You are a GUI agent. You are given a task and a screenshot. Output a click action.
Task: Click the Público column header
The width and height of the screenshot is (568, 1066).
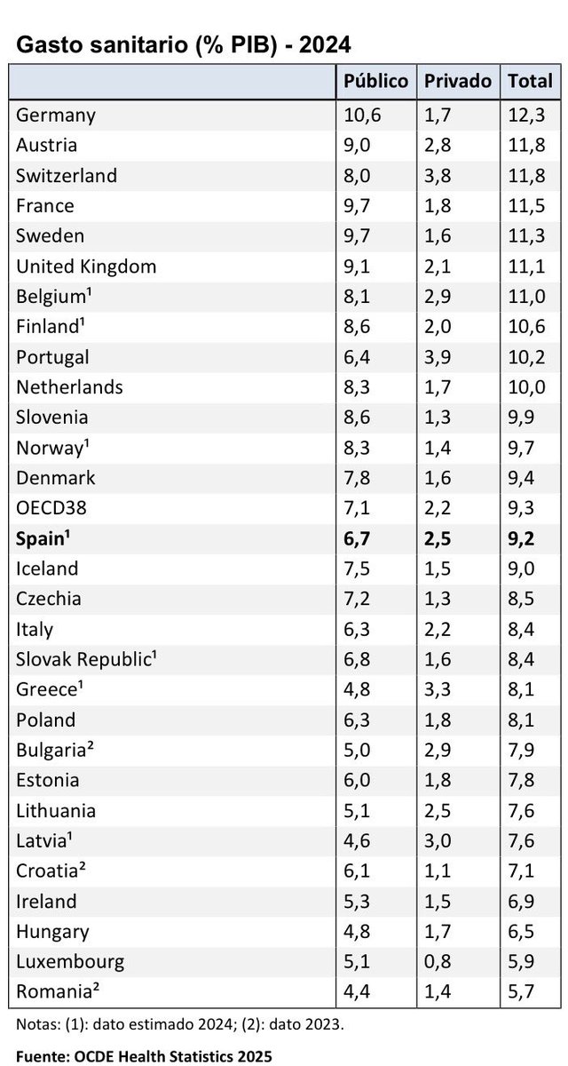tap(375, 81)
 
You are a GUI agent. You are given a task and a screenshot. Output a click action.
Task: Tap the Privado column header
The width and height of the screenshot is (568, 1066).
tap(458, 81)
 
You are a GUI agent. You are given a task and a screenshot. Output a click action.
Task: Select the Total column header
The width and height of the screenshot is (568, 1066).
tap(530, 81)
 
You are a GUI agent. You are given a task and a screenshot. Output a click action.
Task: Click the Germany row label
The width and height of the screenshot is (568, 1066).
tap(56, 115)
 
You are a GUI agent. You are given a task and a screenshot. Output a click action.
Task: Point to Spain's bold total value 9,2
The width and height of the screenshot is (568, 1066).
tap(521, 538)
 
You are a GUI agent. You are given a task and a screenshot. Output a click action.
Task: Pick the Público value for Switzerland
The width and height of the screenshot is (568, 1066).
tap(357, 176)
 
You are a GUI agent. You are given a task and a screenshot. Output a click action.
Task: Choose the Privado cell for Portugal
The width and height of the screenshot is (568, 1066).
tap(438, 357)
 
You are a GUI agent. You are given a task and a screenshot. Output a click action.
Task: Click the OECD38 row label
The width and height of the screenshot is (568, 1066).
tap(51, 508)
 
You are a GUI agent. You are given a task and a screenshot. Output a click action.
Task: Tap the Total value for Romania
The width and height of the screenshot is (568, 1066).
tap(521, 991)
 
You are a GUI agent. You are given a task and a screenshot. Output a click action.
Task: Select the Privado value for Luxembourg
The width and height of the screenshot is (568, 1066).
tap(438, 961)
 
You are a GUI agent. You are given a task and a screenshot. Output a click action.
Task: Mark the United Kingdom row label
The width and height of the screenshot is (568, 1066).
tap(86, 266)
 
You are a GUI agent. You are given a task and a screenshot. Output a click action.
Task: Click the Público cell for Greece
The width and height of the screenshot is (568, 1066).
tap(357, 689)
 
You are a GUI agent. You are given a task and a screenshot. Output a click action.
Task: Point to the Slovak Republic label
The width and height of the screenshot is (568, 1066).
tap(86, 659)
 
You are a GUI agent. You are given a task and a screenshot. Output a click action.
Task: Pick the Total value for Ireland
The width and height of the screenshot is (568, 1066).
tap(521, 902)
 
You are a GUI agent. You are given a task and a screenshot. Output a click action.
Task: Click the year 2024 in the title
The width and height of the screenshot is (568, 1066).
tap(325, 45)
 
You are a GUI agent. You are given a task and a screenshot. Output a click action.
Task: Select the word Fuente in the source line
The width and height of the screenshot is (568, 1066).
tap(43, 1056)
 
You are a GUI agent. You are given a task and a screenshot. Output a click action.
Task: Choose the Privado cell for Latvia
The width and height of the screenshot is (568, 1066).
tap(438, 841)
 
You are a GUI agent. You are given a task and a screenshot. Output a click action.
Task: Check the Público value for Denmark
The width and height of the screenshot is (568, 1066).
tap(357, 478)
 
